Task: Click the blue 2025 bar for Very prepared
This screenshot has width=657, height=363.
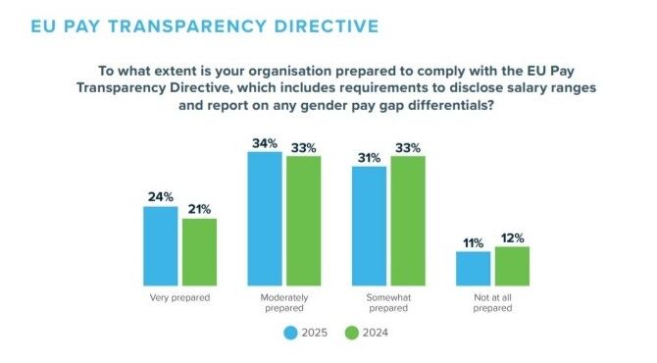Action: pyautogui.click(x=161, y=244)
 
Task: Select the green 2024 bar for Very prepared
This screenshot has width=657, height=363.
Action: pyautogui.click(x=199, y=250)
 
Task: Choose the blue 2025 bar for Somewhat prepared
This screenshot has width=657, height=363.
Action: pyautogui.click(x=369, y=225)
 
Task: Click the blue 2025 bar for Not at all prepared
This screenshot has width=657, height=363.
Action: pyautogui.click(x=473, y=267)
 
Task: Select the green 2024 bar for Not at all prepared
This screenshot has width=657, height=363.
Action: pyautogui.click(x=511, y=264)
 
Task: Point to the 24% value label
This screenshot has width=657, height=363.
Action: pyautogui.click(x=161, y=196)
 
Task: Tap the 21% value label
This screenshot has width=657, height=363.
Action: pyautogui.click(x=199, y=209)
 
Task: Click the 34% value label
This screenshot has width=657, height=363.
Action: pyautogui.click(x=265, y=142)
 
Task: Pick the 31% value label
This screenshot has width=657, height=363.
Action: pyautogui.click(x=369, y=157)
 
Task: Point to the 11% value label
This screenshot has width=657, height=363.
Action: pyautogui.click(x=473, y=241)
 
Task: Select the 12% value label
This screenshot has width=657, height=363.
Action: pyautogui.click(x=511, y=236)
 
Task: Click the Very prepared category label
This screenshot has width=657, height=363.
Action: pyautogui.click(x=179, y=294)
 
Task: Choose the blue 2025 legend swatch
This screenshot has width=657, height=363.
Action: pyautogui.click(x=290, y=333)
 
